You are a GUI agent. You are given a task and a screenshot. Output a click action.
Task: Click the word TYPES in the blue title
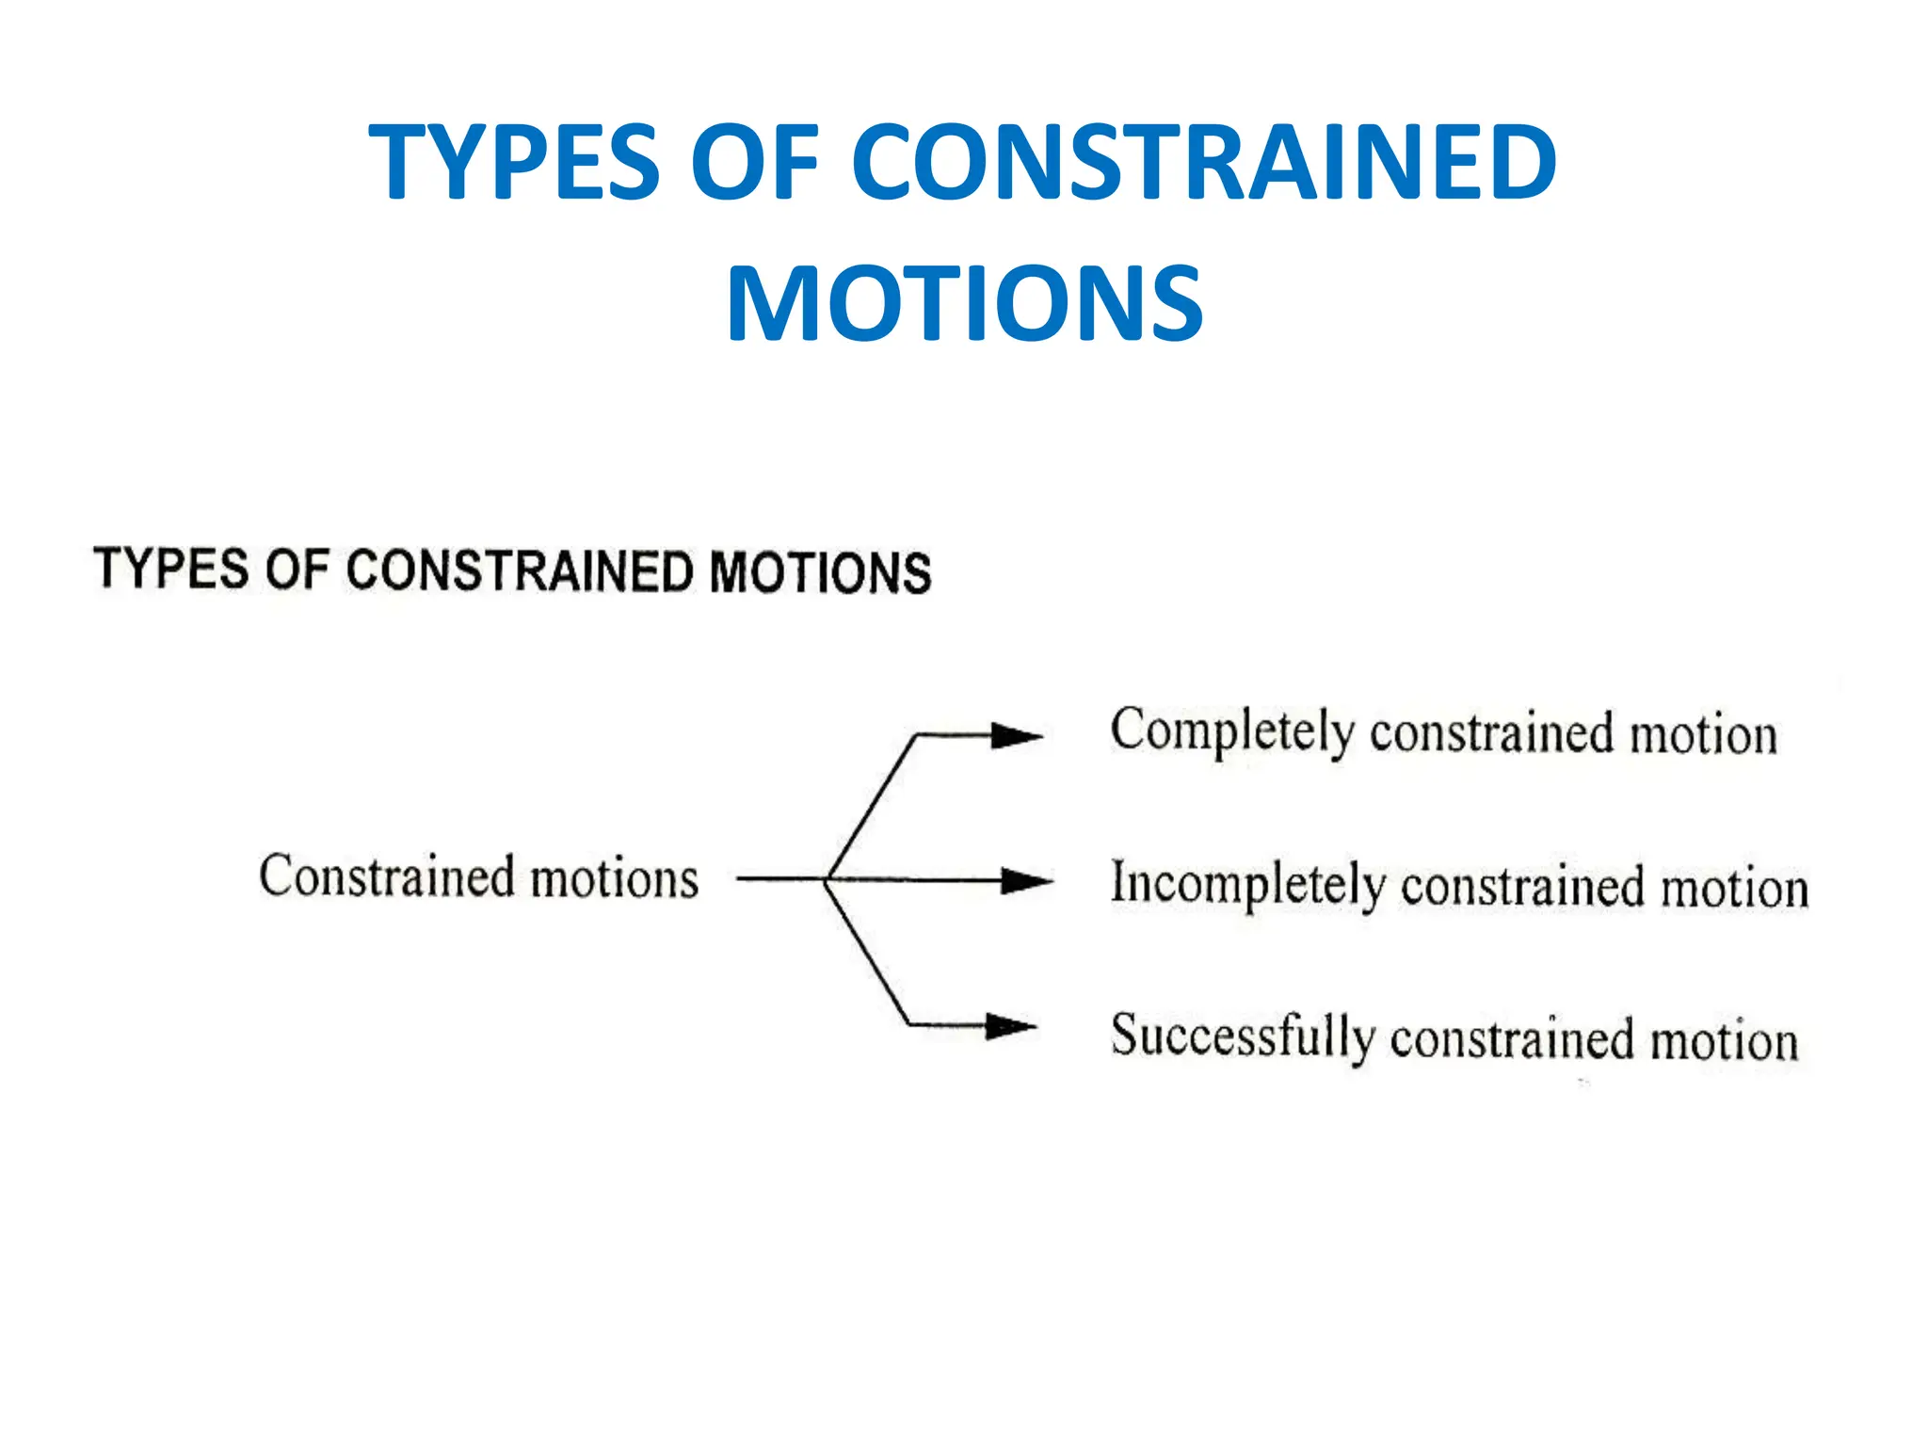point(514,163)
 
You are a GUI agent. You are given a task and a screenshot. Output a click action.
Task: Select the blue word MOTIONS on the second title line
point(964,304)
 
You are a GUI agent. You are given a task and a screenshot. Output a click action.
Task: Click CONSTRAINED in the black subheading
point(520,571)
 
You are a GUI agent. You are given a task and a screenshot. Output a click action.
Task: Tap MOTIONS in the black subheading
point(820,573)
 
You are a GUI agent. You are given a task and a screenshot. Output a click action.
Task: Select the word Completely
point(1231,731)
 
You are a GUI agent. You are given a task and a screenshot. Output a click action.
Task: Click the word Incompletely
point(1247,884)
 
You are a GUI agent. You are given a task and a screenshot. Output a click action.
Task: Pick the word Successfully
point(1242,1036)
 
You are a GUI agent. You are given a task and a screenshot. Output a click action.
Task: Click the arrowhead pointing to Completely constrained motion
point(1017,735)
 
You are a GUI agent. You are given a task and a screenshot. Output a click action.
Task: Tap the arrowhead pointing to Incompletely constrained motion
point(1026,881)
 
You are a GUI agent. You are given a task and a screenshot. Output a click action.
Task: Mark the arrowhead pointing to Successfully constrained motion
point(1011,1025)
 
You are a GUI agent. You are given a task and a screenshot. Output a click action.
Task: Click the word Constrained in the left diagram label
point(386,876)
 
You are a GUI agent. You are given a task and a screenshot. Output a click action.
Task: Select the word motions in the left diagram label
point(614,879)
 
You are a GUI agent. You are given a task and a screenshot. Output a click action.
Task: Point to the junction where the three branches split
point(827,879)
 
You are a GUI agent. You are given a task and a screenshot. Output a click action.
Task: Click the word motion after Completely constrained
point(1703,735)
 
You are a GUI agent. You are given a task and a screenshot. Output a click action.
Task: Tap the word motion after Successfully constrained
point(1724,1041)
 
